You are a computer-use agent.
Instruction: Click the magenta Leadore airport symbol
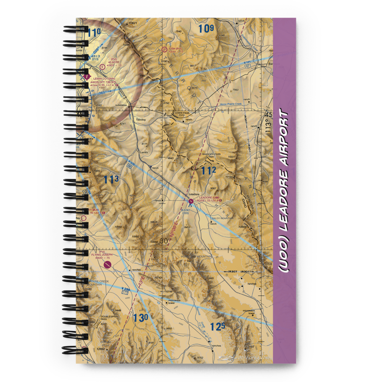191,201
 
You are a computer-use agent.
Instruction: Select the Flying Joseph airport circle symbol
107,264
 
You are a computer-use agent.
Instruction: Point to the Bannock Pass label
211,154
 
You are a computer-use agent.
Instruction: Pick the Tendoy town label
141,120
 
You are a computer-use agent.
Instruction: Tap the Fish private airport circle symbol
164,49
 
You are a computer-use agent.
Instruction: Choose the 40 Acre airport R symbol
102,66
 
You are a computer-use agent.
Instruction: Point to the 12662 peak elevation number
101,349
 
